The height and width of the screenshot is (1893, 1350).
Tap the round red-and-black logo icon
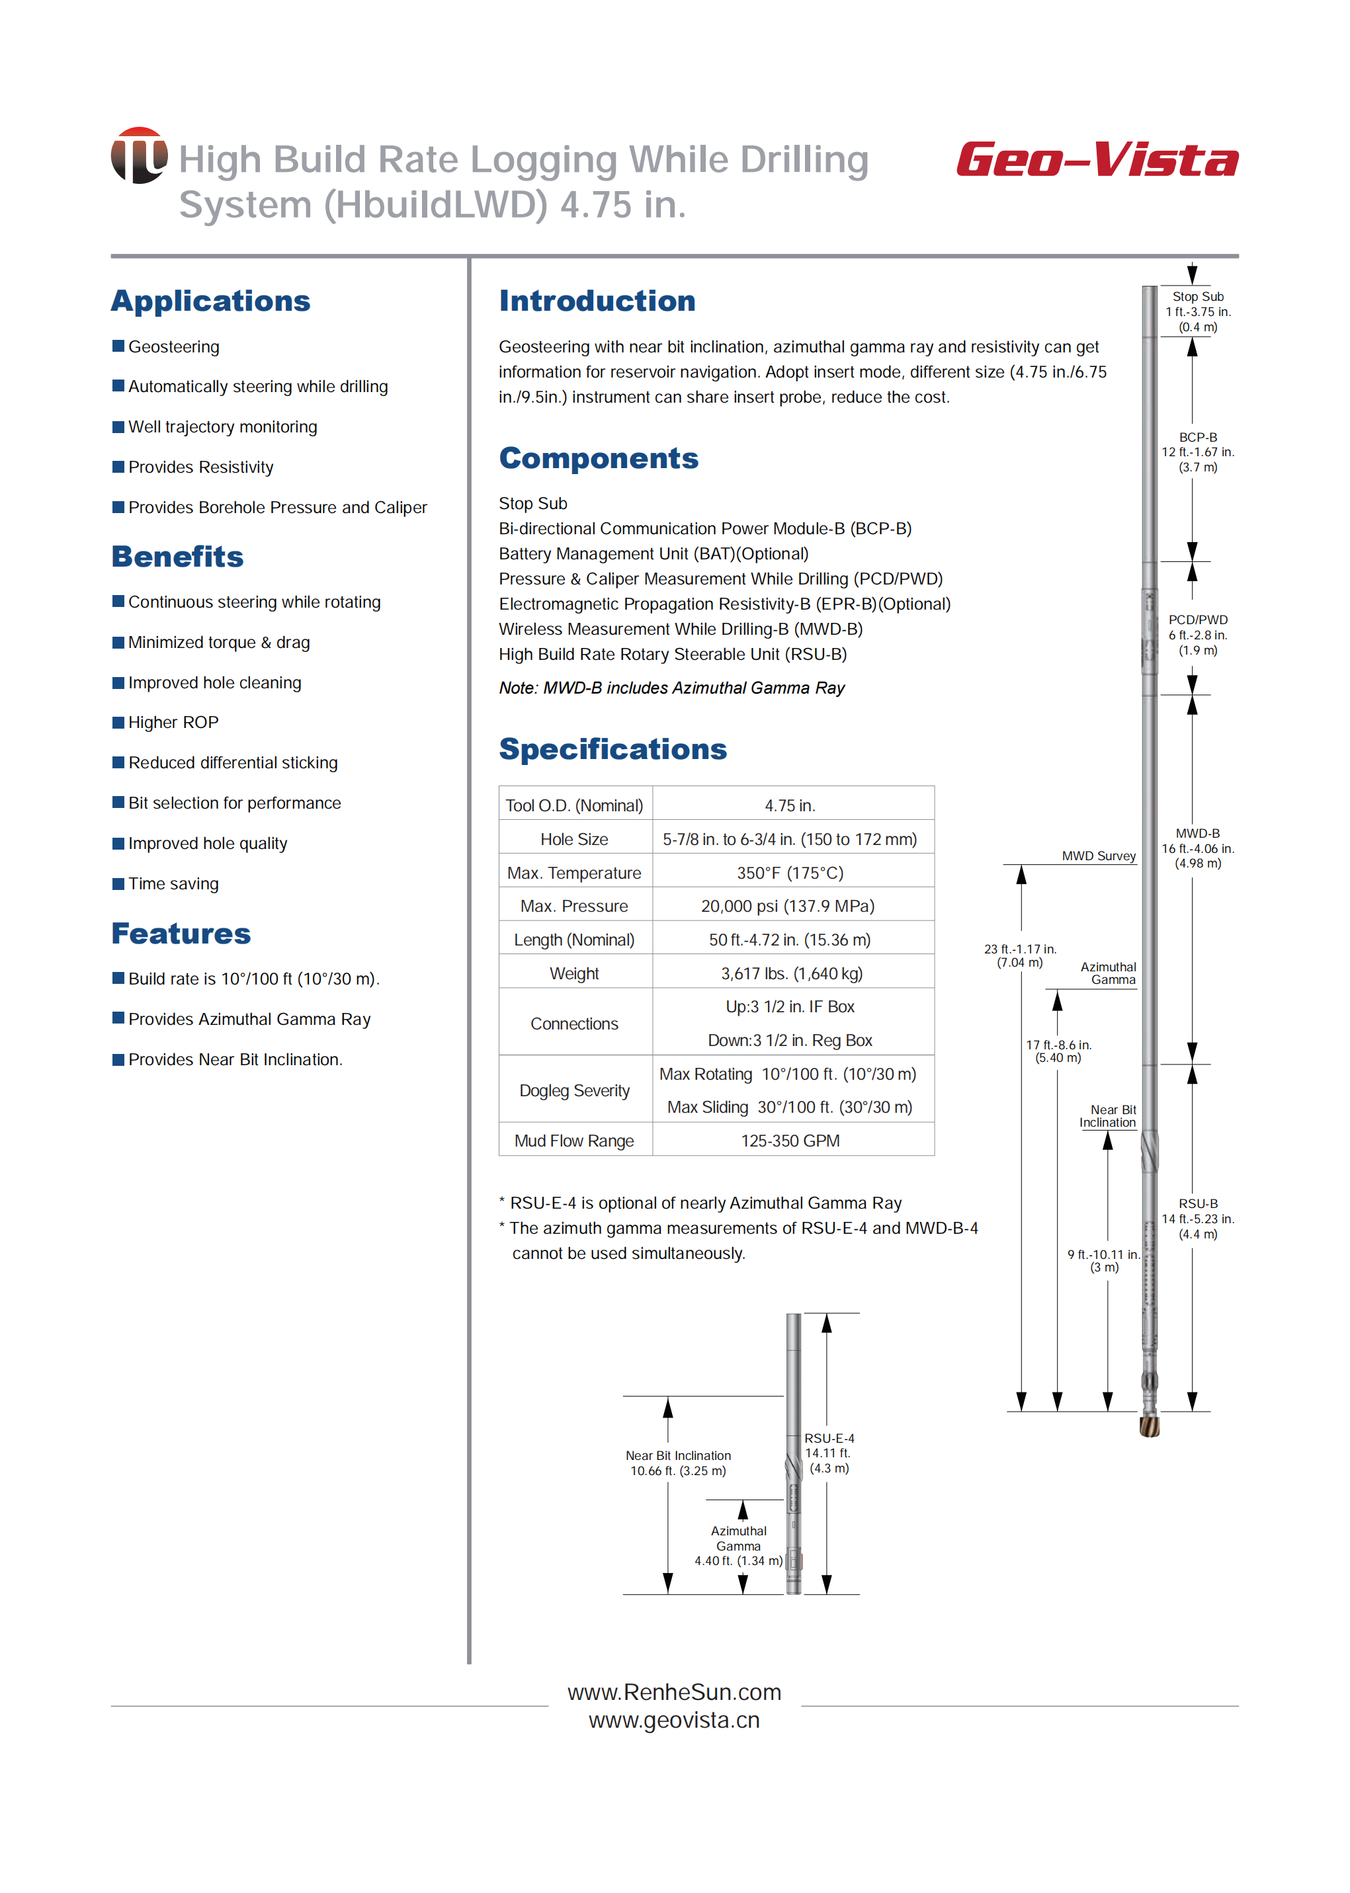click(139, 155)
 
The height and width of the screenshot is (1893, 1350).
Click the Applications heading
click(210, 301)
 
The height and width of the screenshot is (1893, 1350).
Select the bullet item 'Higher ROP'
click(173, 722)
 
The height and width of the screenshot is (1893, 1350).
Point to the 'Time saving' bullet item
click(173, 883)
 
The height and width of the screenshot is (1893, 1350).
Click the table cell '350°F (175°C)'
click(790, 873)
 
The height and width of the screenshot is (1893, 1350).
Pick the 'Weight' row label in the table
click(573, 973)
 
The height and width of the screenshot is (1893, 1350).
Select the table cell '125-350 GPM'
click(790, 1141)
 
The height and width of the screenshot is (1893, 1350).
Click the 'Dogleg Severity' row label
click(573, 1090)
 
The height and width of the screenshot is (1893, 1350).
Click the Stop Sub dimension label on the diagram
click(1197, 311)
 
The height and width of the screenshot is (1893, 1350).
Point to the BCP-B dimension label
click(1197, 452)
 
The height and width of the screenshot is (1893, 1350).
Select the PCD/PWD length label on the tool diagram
click(1197, 635)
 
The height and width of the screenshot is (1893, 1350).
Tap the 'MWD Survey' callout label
click(1098, 856)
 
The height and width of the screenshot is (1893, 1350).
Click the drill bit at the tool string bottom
click(1149, 1426)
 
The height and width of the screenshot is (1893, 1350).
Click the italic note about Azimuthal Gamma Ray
click(671, 688)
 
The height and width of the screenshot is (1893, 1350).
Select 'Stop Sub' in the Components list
click(533, 504)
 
